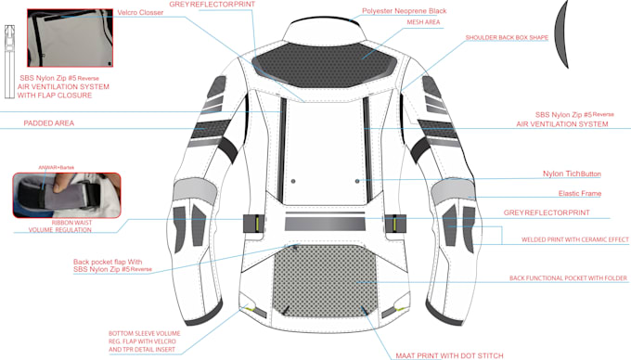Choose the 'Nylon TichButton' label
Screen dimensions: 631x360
pos(572,174)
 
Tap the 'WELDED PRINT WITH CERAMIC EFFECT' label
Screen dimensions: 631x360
pos(562,239)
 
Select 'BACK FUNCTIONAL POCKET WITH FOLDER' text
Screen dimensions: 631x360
pos(569,277)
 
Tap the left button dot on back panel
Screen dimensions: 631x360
pos(293,180)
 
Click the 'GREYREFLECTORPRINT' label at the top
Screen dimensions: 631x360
pos(212,4)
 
